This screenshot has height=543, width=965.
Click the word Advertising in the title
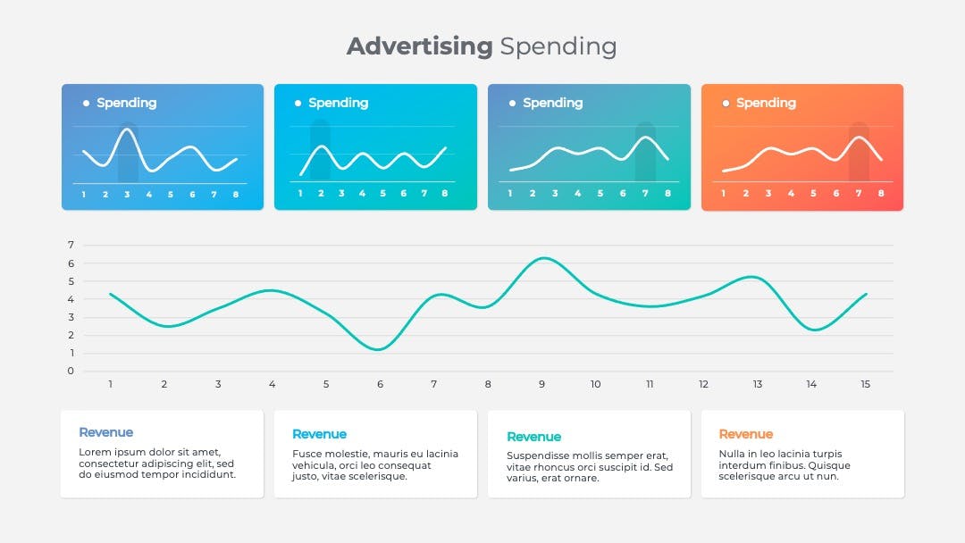(420, 46)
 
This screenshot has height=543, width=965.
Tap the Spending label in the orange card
(767, 104)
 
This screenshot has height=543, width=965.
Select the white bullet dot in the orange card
(726, 104)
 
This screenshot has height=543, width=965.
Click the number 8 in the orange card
(881, 193)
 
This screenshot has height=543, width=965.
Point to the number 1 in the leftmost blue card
(84, 195)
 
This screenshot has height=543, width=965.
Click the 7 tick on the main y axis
(71, 245)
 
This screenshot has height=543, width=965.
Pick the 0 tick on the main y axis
(71, 371)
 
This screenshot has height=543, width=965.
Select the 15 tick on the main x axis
(865, 384)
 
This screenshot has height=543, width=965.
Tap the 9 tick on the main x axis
(541, 384)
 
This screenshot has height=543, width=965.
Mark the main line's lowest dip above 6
(378, 349)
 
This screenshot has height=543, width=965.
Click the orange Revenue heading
(746, 434)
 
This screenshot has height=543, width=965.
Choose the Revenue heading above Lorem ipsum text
(105, 432)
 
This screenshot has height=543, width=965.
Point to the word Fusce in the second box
(306, 454)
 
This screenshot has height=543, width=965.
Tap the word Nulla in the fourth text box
(731, 454)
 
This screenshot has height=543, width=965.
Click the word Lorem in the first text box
(93, 452)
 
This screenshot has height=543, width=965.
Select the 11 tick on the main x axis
(650, 384)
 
